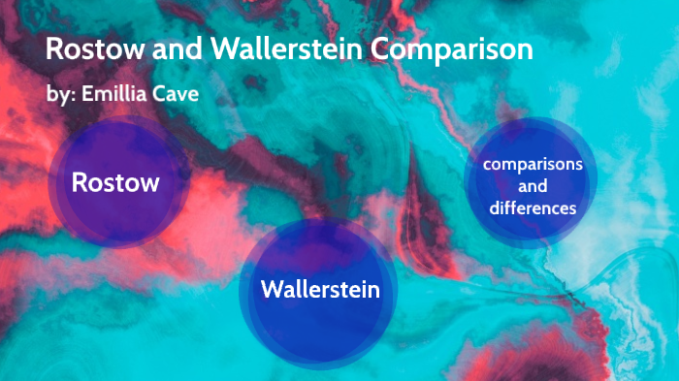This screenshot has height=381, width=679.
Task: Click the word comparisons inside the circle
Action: (x=533, y=164)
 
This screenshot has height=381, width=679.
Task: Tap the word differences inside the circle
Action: (x=533, y=207)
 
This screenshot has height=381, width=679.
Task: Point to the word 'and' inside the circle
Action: (x=533, y=185)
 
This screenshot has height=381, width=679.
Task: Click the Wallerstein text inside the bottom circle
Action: (x=319, y=289)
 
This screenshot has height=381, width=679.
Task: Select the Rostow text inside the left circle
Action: (x=115, y=182)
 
